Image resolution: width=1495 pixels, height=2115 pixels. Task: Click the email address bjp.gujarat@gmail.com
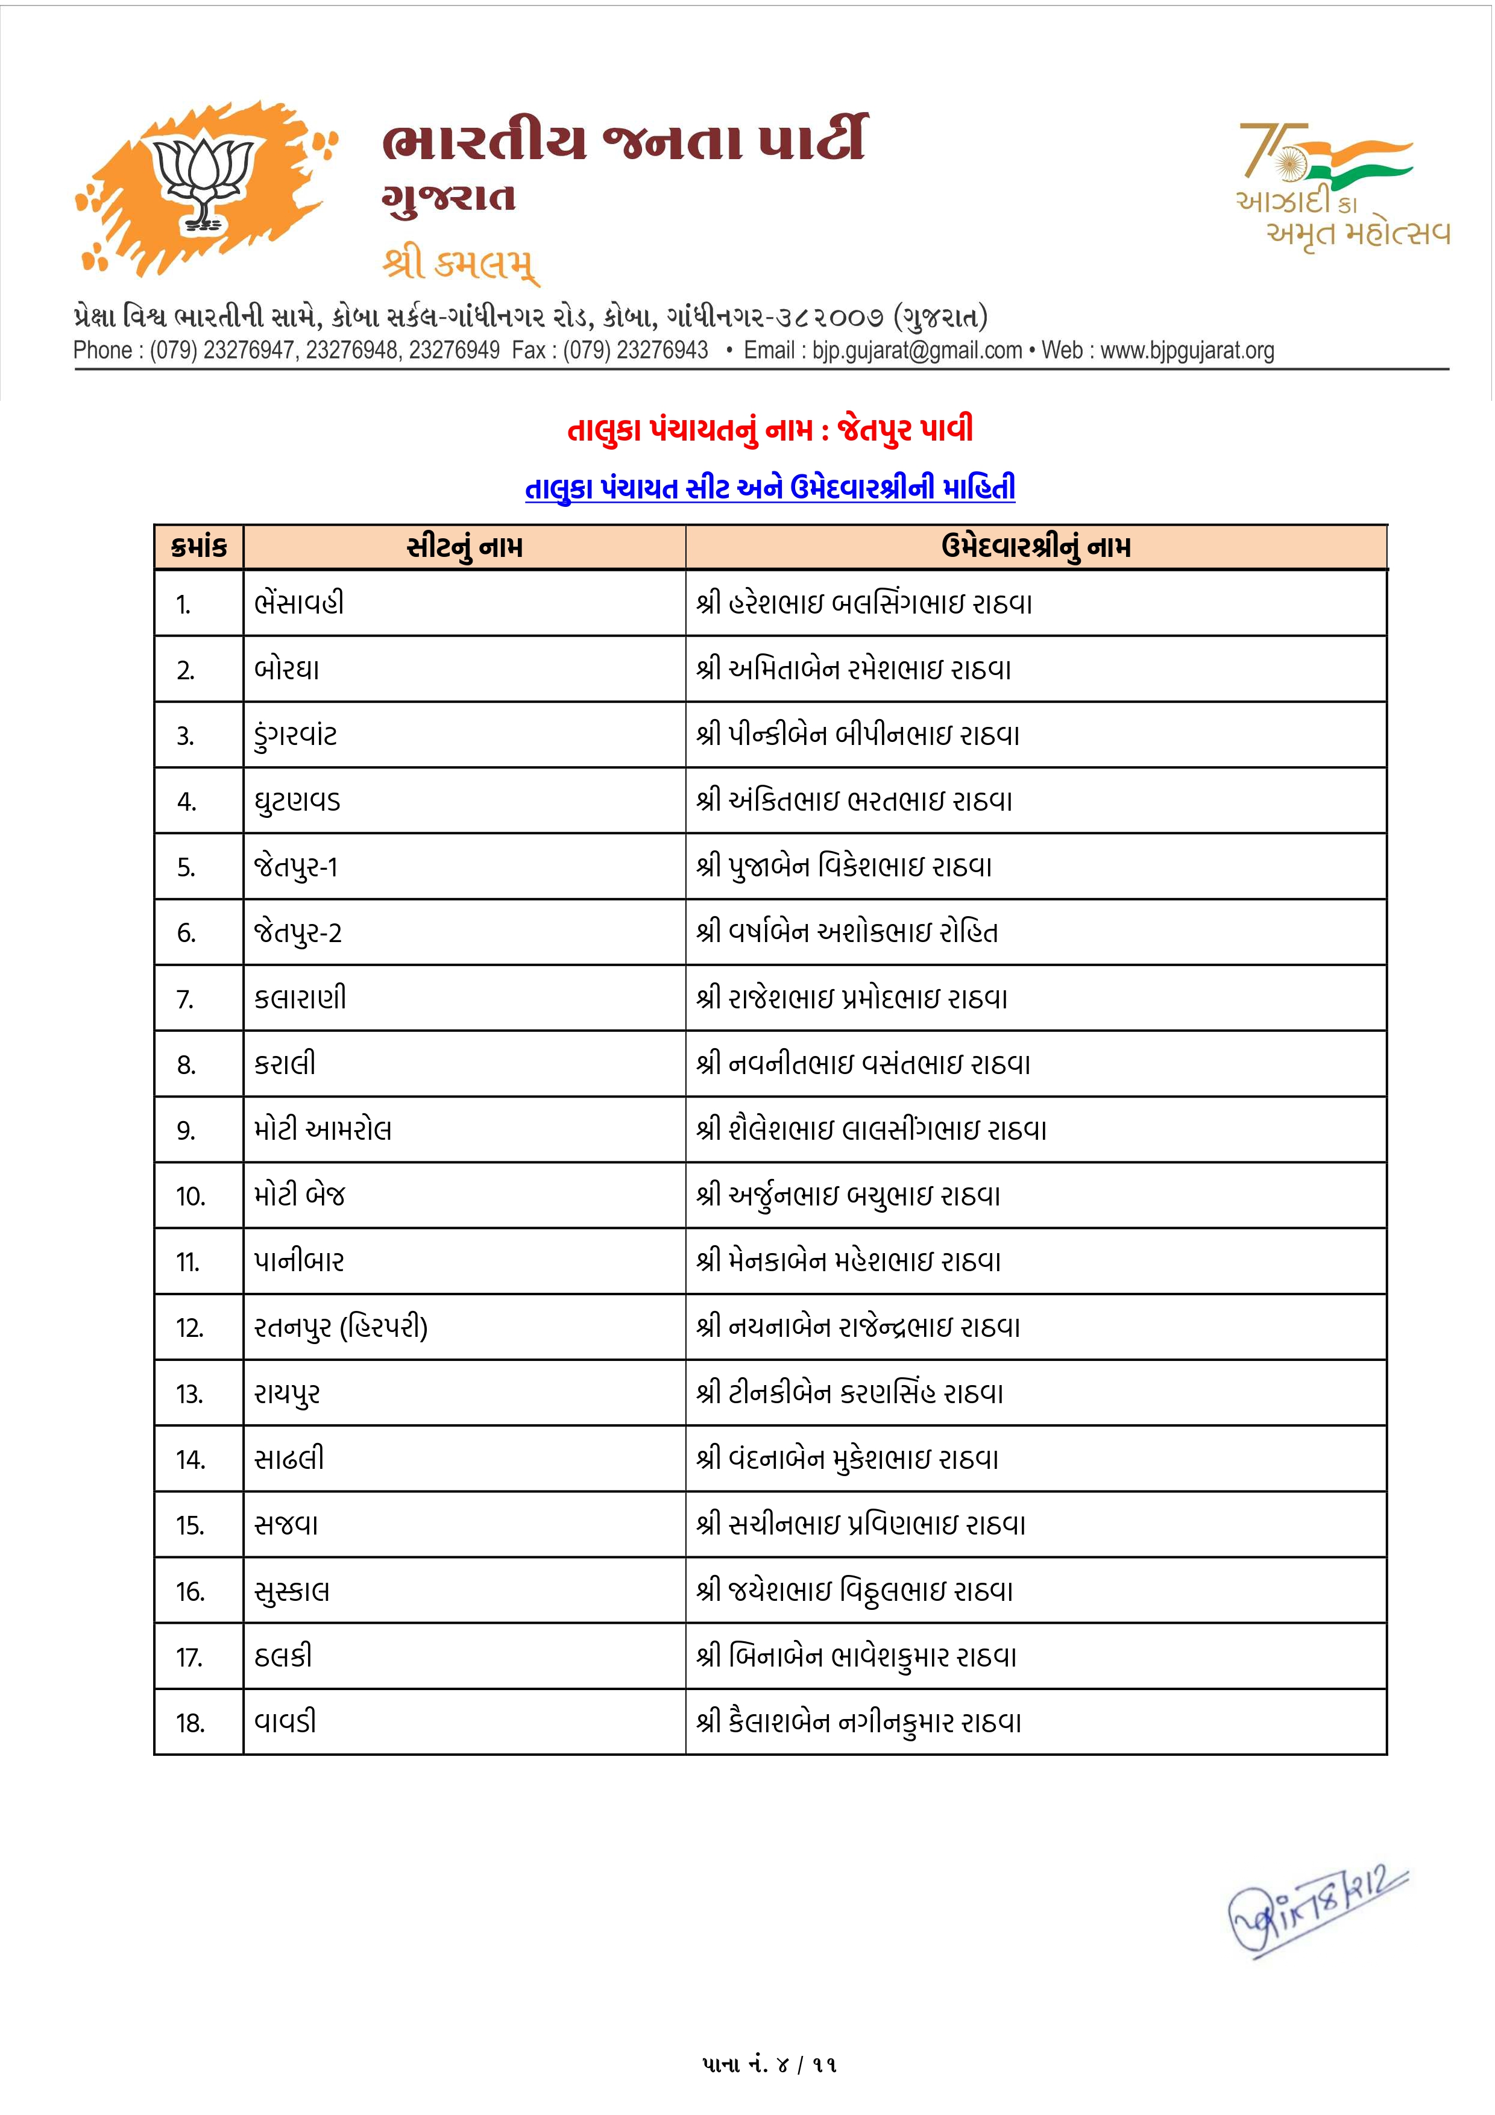[916, 351]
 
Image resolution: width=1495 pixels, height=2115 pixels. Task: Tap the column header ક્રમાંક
[199, 547]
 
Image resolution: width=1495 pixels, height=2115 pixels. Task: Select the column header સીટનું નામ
[464, 547]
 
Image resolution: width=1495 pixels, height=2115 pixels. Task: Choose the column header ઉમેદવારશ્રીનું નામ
[1036, 547]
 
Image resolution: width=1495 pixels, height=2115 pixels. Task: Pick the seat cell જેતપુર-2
[298, 933]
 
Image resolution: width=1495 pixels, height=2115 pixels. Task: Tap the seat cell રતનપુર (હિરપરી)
[341, 1327]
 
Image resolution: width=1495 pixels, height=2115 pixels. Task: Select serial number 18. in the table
[190, 1723]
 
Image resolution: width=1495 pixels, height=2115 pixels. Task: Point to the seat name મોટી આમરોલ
[323, 1130]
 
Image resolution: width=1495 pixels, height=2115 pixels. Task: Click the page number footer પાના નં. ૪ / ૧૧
[769, 2064]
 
